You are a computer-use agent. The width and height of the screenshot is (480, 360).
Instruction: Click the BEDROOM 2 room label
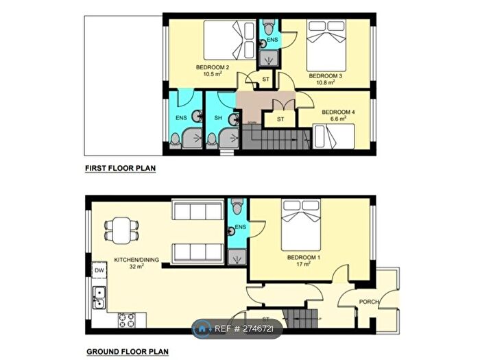(x=212, y=67)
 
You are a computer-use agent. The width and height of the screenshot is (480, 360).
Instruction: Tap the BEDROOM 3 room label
(x=324, y=75)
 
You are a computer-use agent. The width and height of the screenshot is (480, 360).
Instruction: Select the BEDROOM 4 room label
(x=337, y=112)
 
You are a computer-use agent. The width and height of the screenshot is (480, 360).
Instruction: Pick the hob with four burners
(x=127, y=319)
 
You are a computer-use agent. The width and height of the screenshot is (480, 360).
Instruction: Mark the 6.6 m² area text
(x=339, y=119)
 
